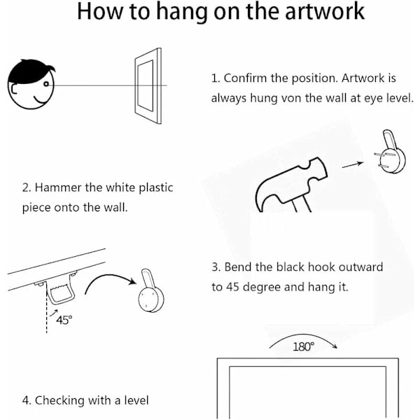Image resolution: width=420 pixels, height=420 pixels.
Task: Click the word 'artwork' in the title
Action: point(325,11)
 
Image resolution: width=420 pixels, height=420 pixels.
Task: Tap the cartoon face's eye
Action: point(46,84)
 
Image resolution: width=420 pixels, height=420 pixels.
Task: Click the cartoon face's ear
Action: point(13,89)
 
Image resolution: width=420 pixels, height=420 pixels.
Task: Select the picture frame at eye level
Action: point(148,85)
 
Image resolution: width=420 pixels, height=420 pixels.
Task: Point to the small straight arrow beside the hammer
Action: point(353,164)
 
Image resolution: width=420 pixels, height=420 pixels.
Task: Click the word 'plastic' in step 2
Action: point(156,188)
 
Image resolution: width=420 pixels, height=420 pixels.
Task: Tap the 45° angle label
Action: point(64,320)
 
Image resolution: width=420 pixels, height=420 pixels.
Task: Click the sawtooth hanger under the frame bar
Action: point(61,290)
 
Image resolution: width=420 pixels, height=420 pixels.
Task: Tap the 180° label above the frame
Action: point(303,346)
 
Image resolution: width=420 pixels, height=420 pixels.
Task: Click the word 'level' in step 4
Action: point(136,400)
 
